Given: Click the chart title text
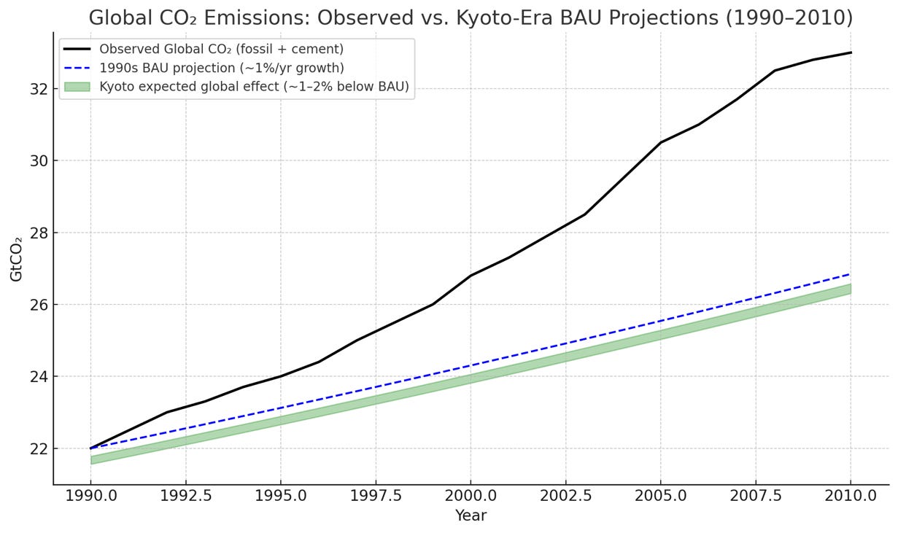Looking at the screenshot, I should pyautogui.click(x=471, y=17).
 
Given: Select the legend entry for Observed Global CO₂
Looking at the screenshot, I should pyautogui.click(x=221, y=50).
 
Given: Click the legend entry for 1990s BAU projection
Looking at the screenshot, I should pyautogui.click(x=222, y=69).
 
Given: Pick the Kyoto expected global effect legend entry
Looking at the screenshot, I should pyautogui.click(x=254, y=87).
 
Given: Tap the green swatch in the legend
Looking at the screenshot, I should pyautogui.click(x=77, y=87).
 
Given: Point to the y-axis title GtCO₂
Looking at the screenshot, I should pyautogui.click(x=16, y=258).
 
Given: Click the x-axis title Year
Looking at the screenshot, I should pyautogui.click(x=471, y=516).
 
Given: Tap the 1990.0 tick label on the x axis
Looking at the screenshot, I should pyautogui.click(x=90, y=497).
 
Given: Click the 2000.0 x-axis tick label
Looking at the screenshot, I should pyautogui.click(x=471, y=497).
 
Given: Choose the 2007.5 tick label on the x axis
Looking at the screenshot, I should pyautogui.click(x=756, y=497).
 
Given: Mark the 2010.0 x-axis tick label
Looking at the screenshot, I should pyautogui.click(x=851, y=497).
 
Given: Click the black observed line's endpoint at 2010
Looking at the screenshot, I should pyautogui.click(x=851, y=52).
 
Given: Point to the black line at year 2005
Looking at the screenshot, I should pyautogui.click(x=660, y=142).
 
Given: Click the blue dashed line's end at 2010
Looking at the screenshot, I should pyautogui.click(x=851, y=274).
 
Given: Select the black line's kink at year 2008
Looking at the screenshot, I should pyautogui.click(x=775, y=71).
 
